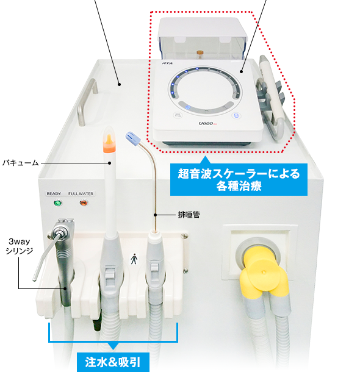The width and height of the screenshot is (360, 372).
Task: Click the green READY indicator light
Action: coord(57,203)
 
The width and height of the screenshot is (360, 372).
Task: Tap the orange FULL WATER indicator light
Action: coord(84,203)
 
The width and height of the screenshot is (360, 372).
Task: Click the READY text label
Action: coord(54,194)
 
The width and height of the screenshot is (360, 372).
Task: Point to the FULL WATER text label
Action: coord(81,194)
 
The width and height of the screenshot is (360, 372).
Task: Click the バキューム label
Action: coord(20,163)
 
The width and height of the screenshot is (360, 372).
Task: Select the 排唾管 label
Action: coord(189,215)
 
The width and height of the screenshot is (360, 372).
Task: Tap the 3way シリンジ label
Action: coord(20,246)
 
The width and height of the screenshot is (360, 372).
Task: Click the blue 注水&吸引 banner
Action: coord(113,362)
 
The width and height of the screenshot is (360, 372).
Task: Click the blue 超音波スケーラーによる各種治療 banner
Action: coord(239,179)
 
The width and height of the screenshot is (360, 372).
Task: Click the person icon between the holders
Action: coord(134,259)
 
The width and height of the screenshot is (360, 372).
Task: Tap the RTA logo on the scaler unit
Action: coord(167,63)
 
